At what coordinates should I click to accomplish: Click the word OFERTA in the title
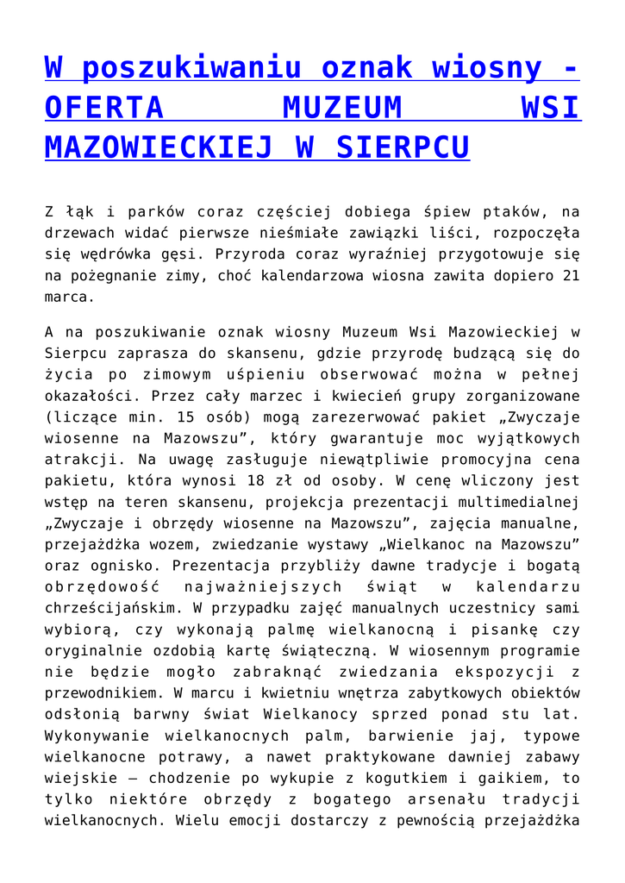(x=104, y=108)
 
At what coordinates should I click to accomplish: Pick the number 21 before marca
(x=571, y=276)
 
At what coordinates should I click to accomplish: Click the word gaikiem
(x=507, y=778)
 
